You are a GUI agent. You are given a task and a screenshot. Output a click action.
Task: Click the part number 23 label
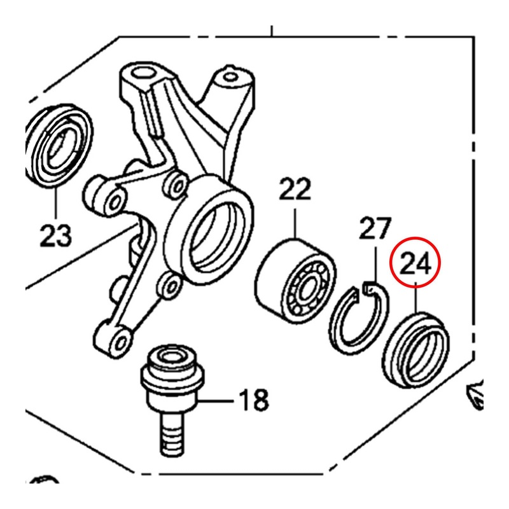click(55, 236)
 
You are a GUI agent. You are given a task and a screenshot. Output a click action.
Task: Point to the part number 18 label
click(253, 401)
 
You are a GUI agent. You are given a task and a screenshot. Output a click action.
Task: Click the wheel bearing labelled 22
click(295, 277)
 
